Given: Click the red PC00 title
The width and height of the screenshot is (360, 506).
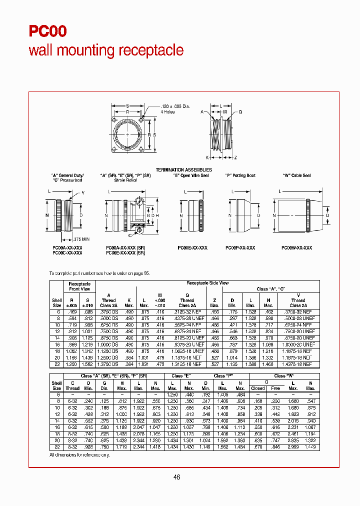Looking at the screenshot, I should pyautogui.click(x=48, y=31).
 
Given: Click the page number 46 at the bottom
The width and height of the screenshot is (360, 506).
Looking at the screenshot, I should pyautogui.click(x=176, y=477).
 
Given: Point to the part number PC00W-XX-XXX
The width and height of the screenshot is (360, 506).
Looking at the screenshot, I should pyautogui.click(x=296, y=248).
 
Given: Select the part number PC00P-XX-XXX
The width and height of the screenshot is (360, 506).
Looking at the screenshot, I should pyautogui.click(x=240, y=248).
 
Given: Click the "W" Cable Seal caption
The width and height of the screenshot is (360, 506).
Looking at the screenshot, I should pyautogui.click(x=296, y=175).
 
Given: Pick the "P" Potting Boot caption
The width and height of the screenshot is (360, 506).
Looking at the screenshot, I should pyautogui.click(x=240, y=175).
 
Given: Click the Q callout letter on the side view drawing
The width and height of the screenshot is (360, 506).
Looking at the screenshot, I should pyautogui.click(x=240, y=112).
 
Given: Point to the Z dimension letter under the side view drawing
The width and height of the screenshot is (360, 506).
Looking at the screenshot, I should pyautogui.click(x=235, y=157).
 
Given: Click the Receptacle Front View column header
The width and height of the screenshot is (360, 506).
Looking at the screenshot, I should pyautogui.click(x=79, y=286).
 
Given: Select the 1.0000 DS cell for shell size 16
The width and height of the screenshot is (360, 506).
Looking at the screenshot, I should pyautogui.click(x=108, y=344).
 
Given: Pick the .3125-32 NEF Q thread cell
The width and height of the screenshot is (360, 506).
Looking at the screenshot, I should pyautogui.click(x=187, y=311).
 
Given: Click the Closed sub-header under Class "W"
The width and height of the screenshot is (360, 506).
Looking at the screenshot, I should pyautogui.click(x=258, y=388).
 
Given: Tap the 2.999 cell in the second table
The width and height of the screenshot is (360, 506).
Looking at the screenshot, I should pyautogui.click(x=293, y=446).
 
